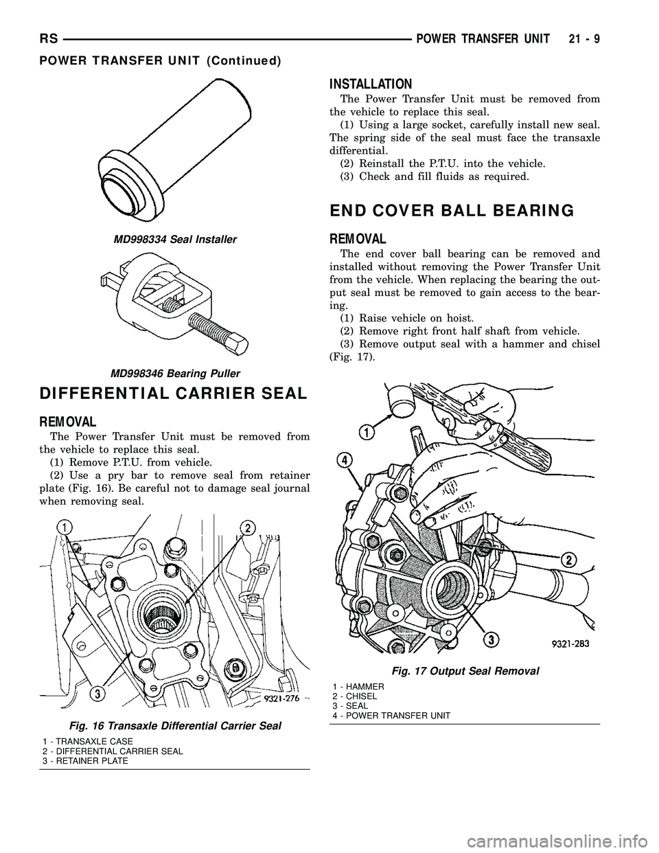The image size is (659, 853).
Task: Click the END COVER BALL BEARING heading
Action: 452,211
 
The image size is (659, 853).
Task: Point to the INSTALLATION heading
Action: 371,84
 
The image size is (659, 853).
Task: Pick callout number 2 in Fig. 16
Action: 244,527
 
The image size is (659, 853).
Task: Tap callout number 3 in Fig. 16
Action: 100,694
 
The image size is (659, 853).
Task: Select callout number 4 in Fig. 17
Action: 345,459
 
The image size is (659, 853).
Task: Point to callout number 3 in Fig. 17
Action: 492,639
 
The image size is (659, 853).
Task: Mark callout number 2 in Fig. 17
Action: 569,556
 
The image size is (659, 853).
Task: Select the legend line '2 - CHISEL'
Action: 354,696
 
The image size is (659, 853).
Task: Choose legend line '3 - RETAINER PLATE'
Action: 84,761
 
